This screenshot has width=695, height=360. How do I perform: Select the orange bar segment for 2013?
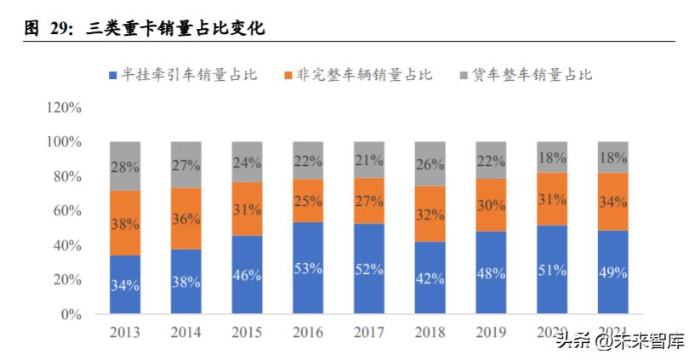tap(125, 223)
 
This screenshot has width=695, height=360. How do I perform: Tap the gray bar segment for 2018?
tap(430, 163)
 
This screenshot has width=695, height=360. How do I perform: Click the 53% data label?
tap(308, 269)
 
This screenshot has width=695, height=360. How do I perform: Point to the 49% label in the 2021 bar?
tap(612, 272)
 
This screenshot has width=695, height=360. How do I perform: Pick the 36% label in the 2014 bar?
tap(186, 219)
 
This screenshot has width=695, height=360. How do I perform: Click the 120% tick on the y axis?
tap(65, 108)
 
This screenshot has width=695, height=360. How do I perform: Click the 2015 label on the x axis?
tap(247, 331)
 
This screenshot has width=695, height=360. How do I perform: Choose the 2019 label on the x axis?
tap(491, 331)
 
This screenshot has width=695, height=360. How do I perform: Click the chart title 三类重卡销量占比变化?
tap(175, 29)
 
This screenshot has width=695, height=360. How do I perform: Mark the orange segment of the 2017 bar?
tap(368, 201)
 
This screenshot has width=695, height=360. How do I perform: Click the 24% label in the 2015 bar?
tap(247, 163)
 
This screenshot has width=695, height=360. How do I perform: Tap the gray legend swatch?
tap(464, 75)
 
